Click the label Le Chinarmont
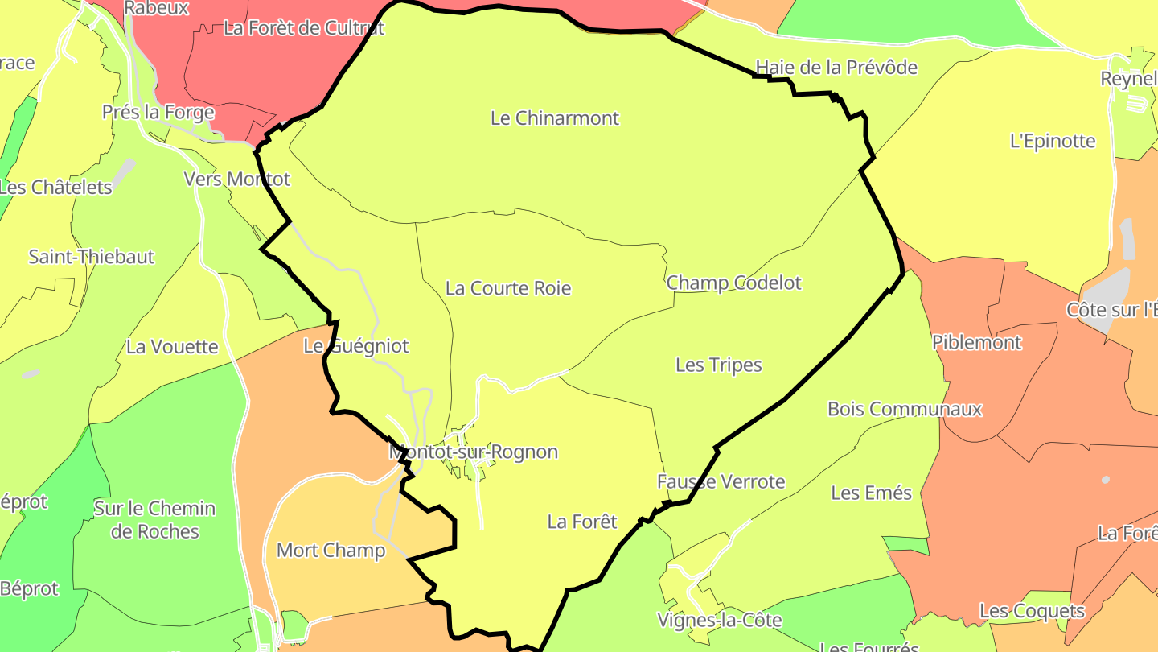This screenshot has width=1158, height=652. (555, 118)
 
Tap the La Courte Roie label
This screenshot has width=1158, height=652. (508, 288)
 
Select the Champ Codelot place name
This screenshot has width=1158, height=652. (734, 283)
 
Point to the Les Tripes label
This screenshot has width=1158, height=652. (719, 365)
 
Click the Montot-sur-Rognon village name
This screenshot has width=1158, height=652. (474, 452)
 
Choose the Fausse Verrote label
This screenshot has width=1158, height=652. (721, 482)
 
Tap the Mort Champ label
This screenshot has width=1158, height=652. (331, 551)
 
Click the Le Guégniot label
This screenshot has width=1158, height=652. (356, 346)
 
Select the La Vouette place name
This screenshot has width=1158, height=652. (172, 347)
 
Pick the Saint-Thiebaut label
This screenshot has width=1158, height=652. (91, 258)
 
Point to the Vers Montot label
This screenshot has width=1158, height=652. (236, 179)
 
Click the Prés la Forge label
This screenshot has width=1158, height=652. (158, 113)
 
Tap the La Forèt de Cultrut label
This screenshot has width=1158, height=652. (304, 28)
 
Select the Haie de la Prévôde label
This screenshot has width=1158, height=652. (836, 67)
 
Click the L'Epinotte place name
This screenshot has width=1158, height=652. (1053, 142)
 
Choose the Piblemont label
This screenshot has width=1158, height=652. (977, 343)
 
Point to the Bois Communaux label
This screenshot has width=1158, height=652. (905, 409)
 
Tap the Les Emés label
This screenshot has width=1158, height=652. (872, 493)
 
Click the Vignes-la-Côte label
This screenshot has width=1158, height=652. (720, 621)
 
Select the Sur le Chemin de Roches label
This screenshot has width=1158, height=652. (154, 520)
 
